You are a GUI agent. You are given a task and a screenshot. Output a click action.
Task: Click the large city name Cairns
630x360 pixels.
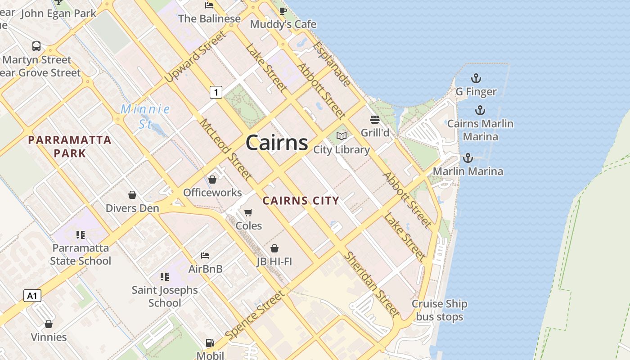pyautogui.click(x=277, y=143)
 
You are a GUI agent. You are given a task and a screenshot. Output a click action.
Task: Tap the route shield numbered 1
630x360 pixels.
pyautogui.click(x=216, y=93)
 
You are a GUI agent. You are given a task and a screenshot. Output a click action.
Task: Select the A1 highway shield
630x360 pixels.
pyautogui.click(x=32, y=296)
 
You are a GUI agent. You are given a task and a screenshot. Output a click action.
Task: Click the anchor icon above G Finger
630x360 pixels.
pyautogui.click(x=476, y=79)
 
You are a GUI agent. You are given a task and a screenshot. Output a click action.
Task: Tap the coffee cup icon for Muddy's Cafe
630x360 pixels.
pyautogui.click(x=283, y=11)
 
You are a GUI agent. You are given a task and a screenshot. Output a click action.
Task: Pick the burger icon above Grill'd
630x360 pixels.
pyautogui.click(x=375, y=120)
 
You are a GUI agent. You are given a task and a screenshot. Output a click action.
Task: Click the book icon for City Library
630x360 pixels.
pyautogui.click(x=342, y=136)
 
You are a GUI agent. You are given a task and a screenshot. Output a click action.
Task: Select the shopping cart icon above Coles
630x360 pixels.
pyautogui.click(x=248, y=212)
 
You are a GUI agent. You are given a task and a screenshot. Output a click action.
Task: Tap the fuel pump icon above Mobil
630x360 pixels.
pyautogui.click(x=210, y=343)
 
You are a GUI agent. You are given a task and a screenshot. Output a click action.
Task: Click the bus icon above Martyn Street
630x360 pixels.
pyautogui.click(x=36, y=46)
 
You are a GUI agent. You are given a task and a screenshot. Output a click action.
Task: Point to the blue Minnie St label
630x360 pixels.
pyautogui.click(x=145, y=116)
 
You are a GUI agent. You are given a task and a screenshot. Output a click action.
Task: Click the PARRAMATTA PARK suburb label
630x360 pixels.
pyautogui.click(x=70, y=146)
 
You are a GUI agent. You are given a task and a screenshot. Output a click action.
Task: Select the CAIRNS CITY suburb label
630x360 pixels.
pyautogui.click(x=301, y=201)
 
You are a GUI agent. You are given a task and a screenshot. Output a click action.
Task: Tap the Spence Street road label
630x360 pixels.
pyautogui.click(x=255, y=315)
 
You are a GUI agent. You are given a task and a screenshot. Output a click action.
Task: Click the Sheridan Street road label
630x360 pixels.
pyautogui.click(x=372, y=284)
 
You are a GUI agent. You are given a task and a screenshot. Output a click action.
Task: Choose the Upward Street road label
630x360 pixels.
pyautogui.click(x=194, y=57)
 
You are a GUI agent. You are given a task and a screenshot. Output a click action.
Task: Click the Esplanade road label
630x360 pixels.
pyautogui.click(x=332, y=64)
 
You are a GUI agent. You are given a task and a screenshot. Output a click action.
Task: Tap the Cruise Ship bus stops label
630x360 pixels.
pyautogui.click(x=439, y=310)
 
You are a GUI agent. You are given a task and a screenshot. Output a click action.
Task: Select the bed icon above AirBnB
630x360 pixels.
pyautogui.click(x=205, y=256)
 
